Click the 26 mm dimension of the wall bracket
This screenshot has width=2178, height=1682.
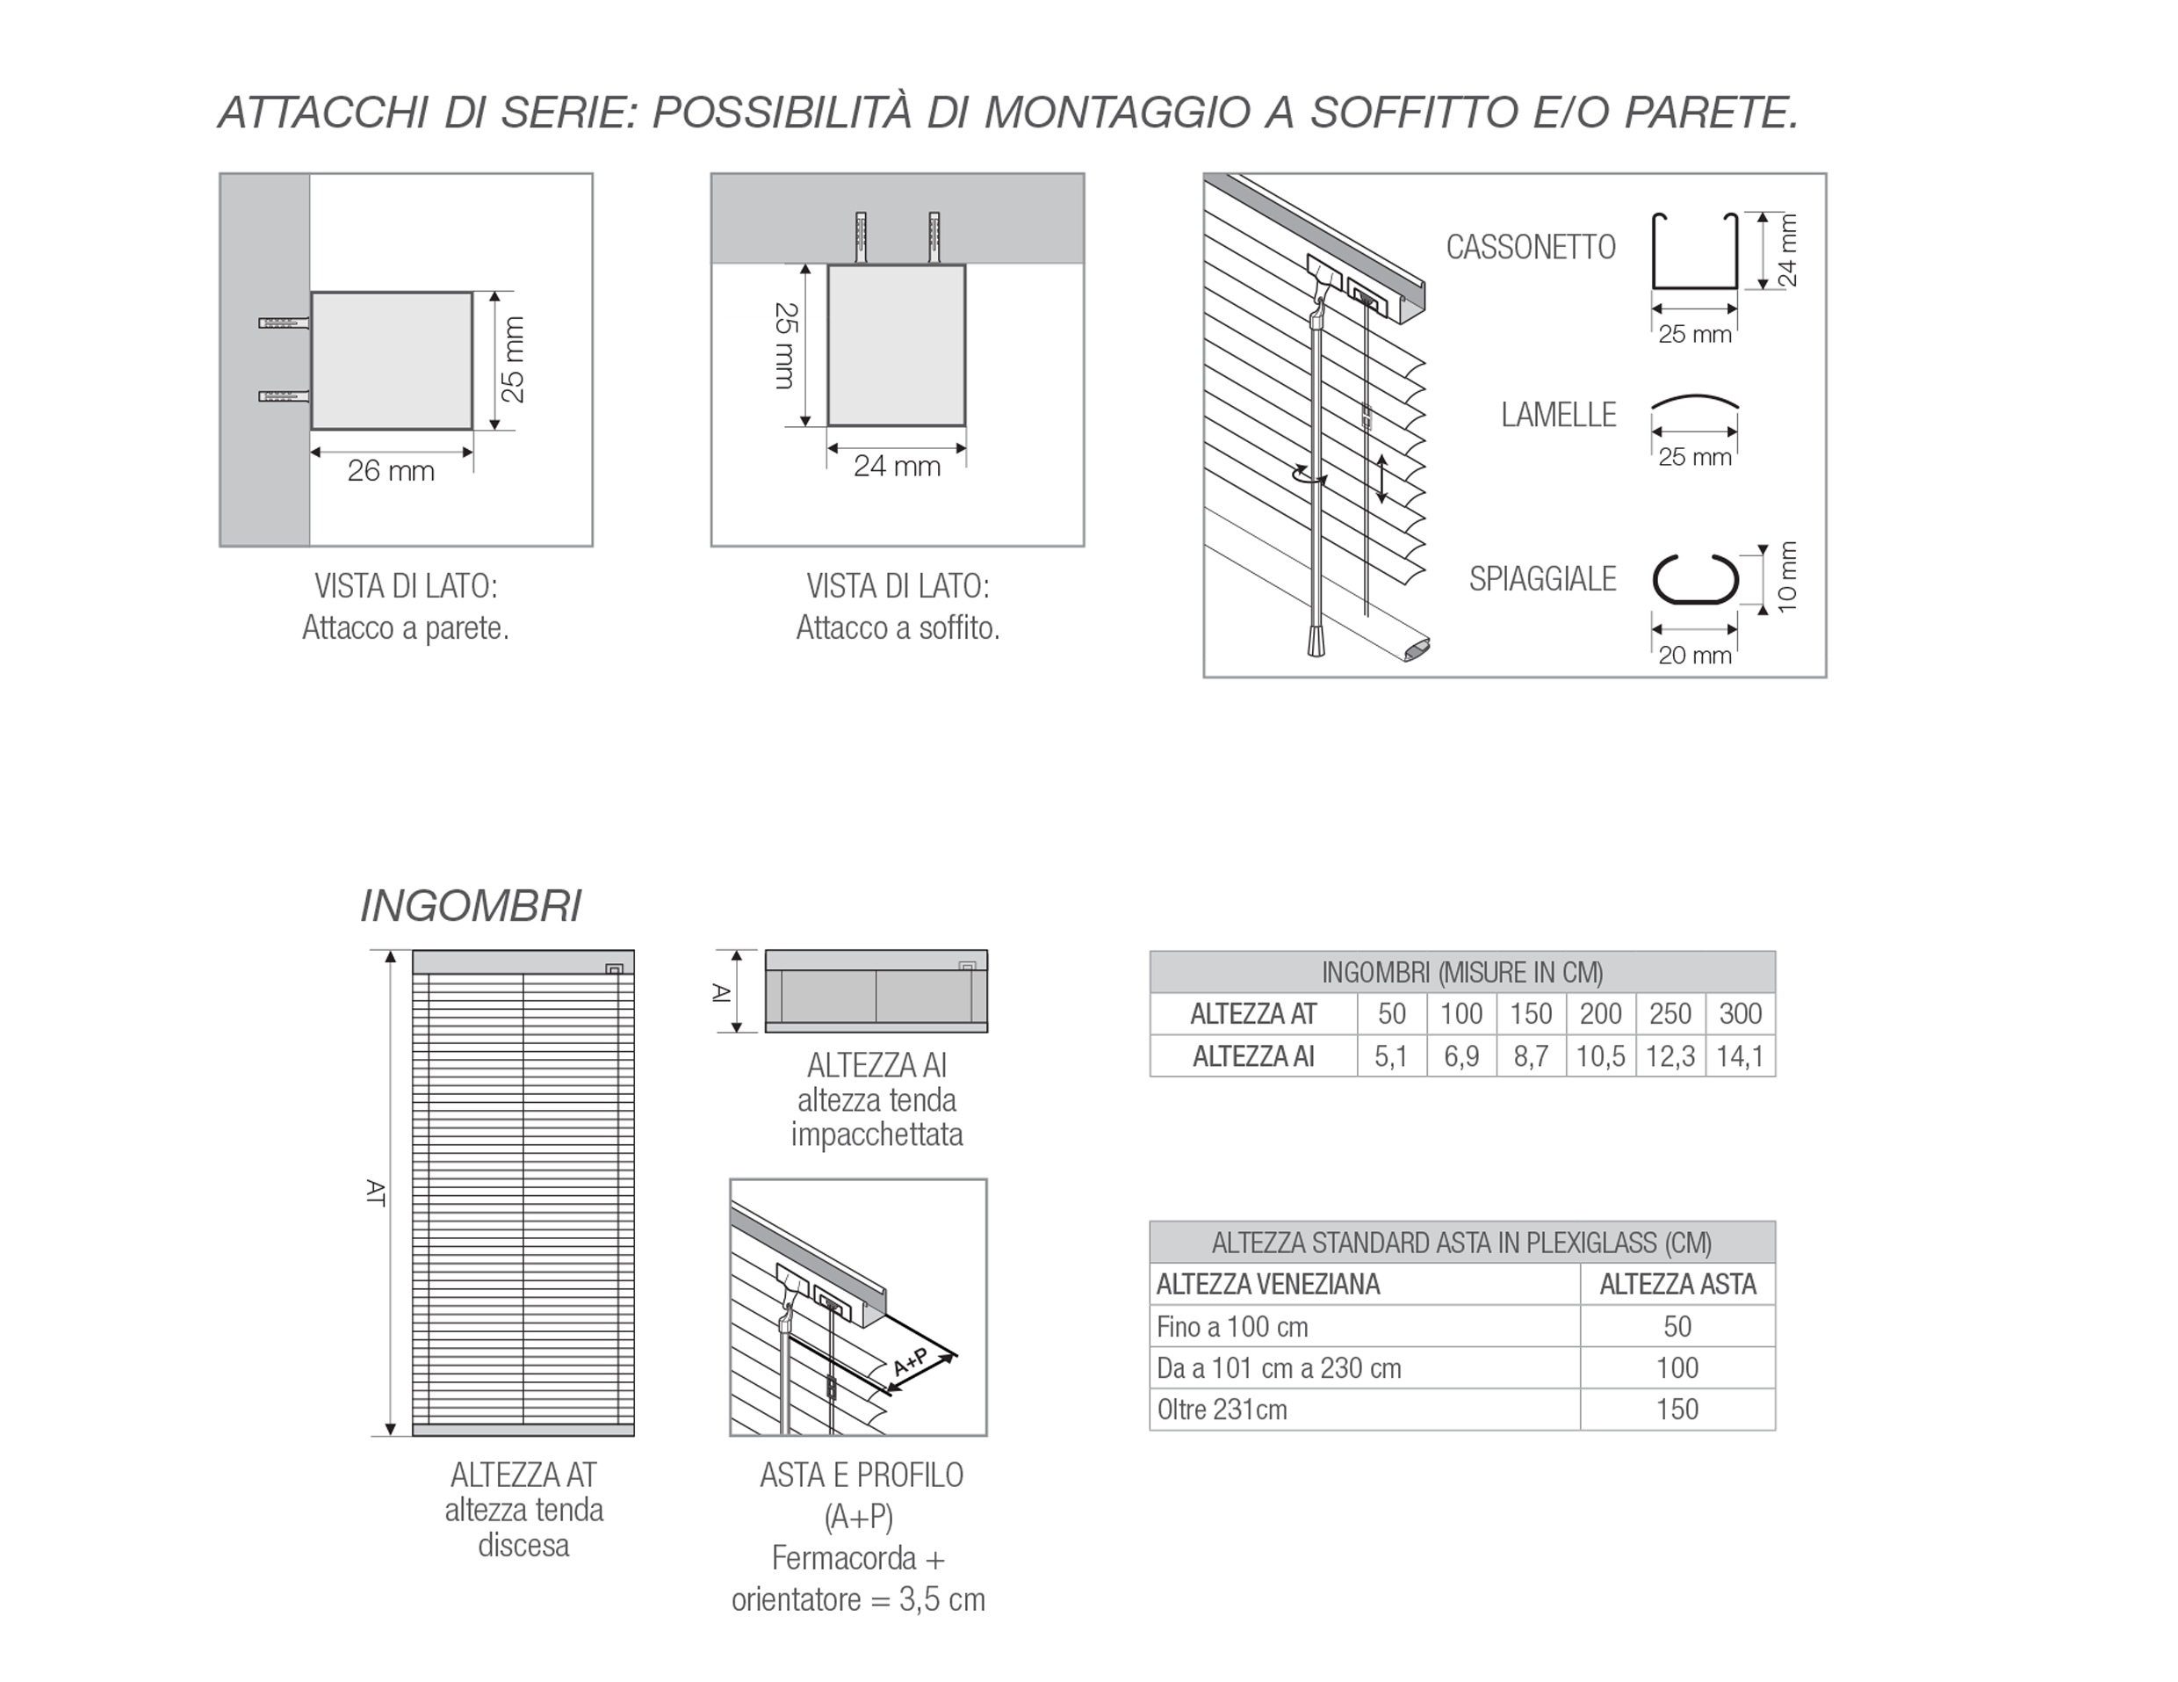click(x=391, y=471)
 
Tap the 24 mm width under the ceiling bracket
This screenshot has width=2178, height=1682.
click(x=897, y=466)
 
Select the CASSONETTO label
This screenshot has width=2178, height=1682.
click(x=1530, y=248)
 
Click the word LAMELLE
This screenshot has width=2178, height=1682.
click(x=1558, y=415)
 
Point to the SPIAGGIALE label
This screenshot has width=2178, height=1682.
click(x=1542, y=578)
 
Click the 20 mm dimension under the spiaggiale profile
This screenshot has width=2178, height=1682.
click(x=1694, y=656)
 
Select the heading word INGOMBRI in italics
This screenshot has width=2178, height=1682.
click(x=470, y=906)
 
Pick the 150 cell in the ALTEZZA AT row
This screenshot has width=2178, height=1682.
click(x=1530, y=1013)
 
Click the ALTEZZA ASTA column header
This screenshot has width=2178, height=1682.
click(x=1677, y=1284)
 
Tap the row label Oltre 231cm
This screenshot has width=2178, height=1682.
click(x=1222, y=1410)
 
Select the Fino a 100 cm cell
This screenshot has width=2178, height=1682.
click(x=1231, y=1327)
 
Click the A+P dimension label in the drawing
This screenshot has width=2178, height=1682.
click(x=911, y=1363)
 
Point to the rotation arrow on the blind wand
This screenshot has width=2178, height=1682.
click(x=1309, y=477)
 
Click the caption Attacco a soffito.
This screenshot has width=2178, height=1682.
click(x=897, y=628)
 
